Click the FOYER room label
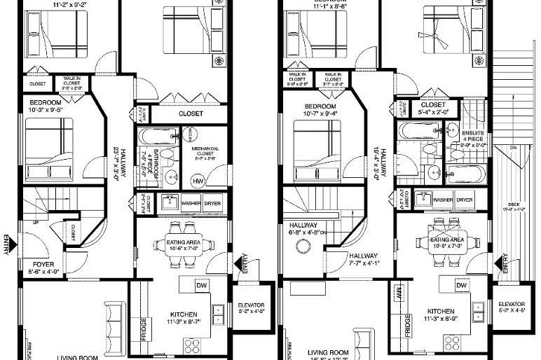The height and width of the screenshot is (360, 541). click(42, 265)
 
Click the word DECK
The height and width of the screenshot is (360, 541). click(514, 205)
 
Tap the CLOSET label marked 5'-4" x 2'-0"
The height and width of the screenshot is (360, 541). click(432, 106)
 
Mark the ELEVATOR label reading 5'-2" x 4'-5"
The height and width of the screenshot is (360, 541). click(512, 307)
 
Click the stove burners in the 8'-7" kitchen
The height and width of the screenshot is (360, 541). click(191, 344)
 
